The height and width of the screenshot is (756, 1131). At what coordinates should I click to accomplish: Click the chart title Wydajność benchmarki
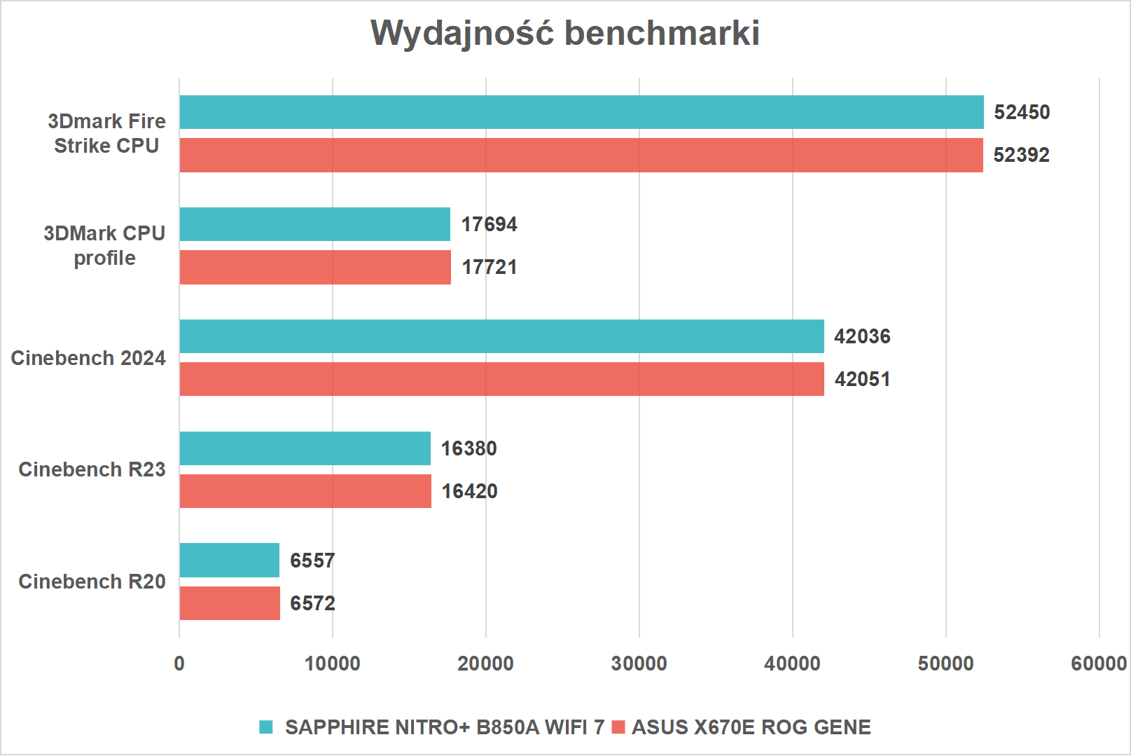tap(565, 33)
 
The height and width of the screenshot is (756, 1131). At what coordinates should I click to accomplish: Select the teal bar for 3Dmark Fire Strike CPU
tap(581, 112)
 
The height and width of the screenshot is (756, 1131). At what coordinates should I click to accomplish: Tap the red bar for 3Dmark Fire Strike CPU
tap(581, 155)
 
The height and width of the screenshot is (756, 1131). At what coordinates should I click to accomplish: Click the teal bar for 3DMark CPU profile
tap(314, 224)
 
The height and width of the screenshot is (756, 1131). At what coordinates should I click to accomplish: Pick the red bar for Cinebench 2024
tap(501, 379)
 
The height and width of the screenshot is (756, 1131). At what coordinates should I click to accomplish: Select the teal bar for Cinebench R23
tap(305, 448)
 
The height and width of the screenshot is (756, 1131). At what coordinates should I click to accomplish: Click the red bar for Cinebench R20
tap(230, 603)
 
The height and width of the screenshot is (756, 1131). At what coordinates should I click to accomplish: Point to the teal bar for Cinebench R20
tap(229, 561)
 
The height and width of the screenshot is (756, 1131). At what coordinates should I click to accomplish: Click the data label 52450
tap(1022, 112)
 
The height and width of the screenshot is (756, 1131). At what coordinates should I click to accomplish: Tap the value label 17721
tap(490, 267)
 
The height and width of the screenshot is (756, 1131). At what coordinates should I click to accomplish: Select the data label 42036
tap(862, 336)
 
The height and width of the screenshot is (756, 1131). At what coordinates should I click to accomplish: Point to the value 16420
tap(469, 491)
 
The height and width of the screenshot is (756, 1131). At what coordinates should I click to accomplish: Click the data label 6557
tap(312, 561)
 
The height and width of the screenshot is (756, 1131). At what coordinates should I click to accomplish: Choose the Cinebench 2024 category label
tap(88, 358)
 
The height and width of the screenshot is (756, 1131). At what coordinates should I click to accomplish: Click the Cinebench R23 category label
tap(92, 469)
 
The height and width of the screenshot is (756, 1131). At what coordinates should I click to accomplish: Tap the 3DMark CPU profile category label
tap(104, 245)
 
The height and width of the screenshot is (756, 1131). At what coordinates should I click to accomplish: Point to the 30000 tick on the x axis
tap(639, 664)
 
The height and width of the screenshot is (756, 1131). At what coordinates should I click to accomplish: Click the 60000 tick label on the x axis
tap(1098, 664)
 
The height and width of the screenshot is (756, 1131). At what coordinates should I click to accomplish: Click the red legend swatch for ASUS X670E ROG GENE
tap(618, 727)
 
